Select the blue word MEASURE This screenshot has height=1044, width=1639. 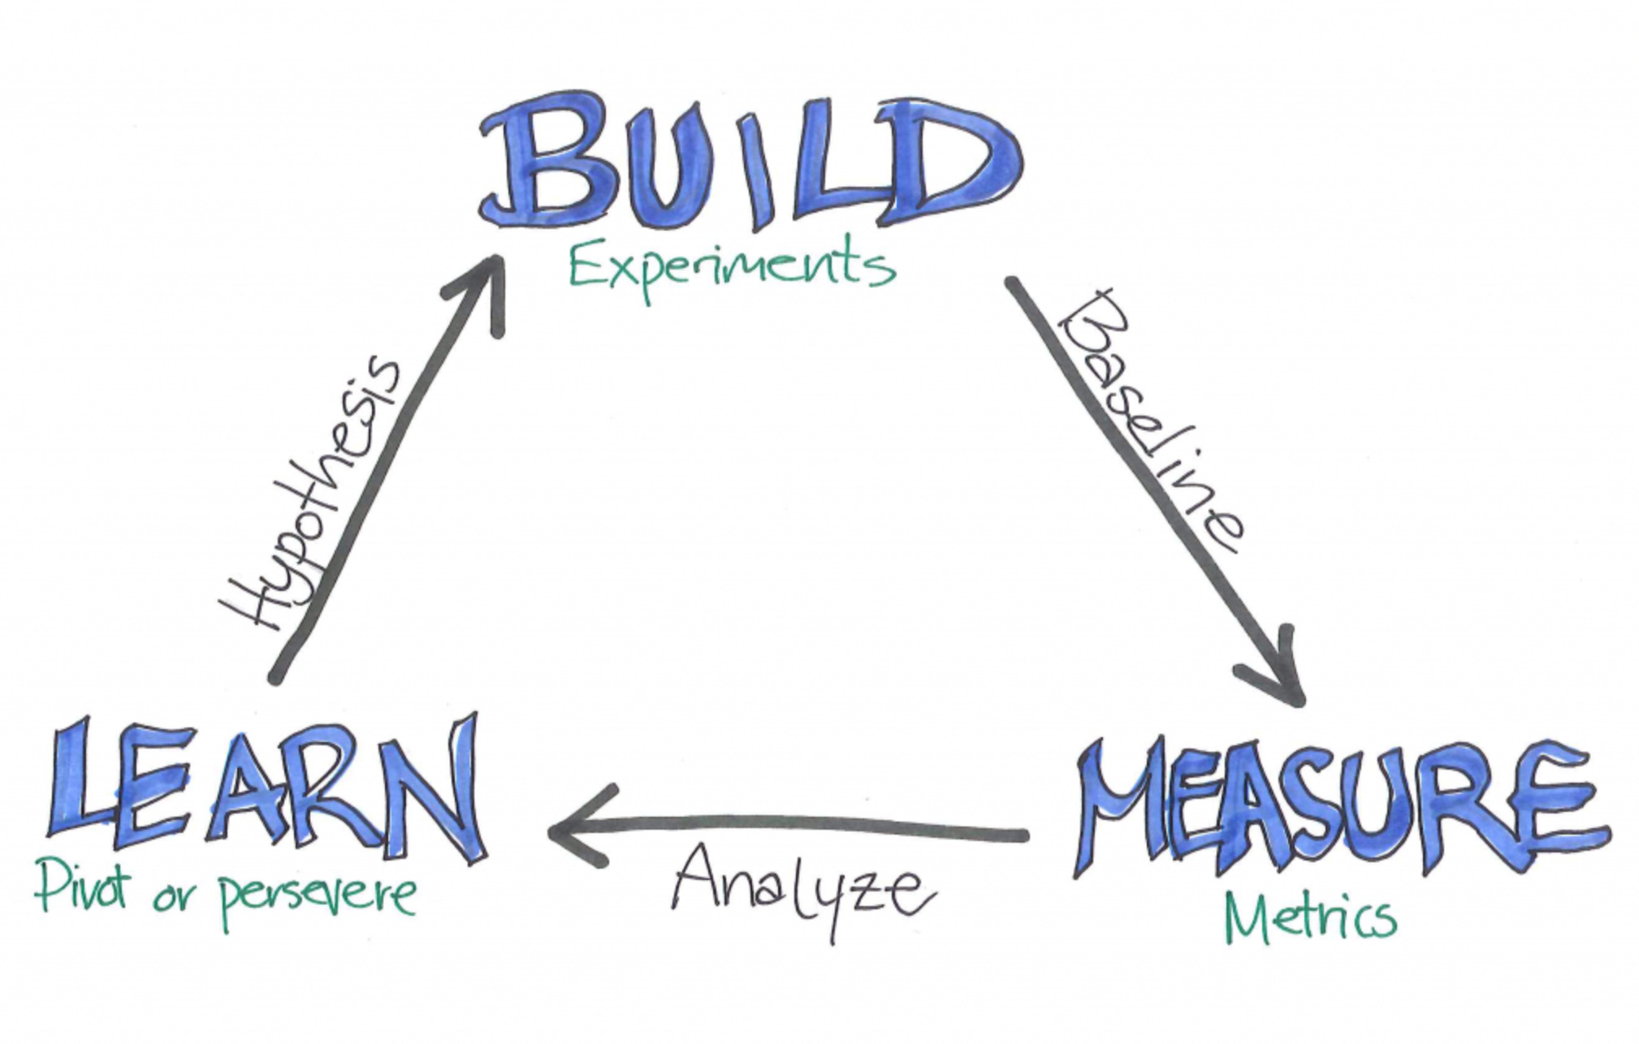1340,808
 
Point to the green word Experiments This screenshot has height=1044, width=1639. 731,268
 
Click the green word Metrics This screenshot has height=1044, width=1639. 1309,917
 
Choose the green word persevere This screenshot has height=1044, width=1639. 317,897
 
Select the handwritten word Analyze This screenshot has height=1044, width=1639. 800,889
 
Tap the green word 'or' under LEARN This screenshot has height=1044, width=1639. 172,897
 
